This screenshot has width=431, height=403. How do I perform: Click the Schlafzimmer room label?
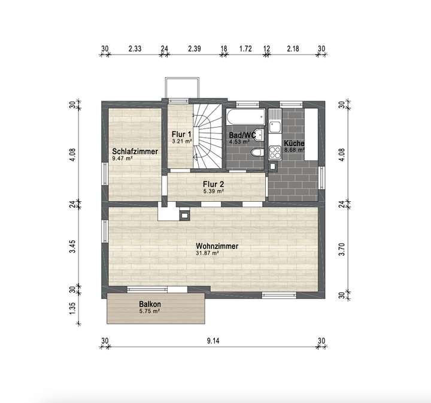(x=135, y=151)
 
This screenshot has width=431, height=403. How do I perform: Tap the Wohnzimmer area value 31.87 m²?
(x=207, y=253)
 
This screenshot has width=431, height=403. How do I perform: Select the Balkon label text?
(x=150, y=304)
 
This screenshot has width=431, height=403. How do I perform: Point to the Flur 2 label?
(x=213, y=184)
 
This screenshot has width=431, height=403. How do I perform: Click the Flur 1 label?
(x=181, y=134)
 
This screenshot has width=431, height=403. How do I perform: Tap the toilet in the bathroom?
(x=256, y=154)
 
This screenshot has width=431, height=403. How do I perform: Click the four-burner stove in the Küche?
(x=275, y=150)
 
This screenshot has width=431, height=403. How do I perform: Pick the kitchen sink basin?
(x=274, y=126)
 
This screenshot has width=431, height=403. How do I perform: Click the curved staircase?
(x=207, y=135)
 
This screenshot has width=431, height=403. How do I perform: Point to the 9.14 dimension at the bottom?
(x=213, y=341)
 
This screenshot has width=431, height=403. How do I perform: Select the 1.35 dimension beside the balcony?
(x=72, y=308)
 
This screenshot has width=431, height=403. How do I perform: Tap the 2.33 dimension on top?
(x=135, y=49)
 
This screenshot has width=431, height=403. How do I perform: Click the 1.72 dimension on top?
(x=245, y=49)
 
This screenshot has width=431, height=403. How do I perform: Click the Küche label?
(x=294, y=144)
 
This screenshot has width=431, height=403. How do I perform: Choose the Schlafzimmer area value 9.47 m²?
(x=122, y=159)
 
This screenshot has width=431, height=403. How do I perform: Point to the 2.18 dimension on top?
(x=293, y=49)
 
